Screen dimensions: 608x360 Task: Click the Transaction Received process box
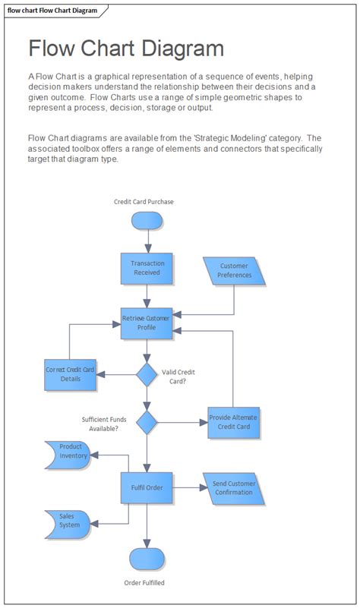coord(147,268)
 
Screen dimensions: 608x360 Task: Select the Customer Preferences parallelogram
coord(235,271)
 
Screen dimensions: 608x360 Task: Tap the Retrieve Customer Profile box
coord(147,323)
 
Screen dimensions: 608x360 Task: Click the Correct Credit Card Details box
coord(70,374)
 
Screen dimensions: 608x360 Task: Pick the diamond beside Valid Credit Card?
coord(147,373)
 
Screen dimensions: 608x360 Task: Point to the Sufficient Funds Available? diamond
coord(147,423)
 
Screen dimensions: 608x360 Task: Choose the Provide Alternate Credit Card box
coord(234,423)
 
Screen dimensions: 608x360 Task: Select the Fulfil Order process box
coord(147,487)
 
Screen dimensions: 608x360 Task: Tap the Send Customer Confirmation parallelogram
coord(235,488)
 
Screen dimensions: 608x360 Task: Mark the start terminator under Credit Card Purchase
coord(147,220)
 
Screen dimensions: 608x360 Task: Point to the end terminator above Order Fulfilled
coord(147,558)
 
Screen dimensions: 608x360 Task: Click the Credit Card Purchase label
coord(144,202)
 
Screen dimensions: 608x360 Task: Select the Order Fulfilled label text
coord(144,583)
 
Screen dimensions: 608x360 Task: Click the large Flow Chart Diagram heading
coord(126,49)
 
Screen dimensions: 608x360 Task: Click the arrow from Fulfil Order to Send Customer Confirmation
coord(188,487)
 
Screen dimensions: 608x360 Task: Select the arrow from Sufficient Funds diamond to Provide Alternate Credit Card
coord(182,423)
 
